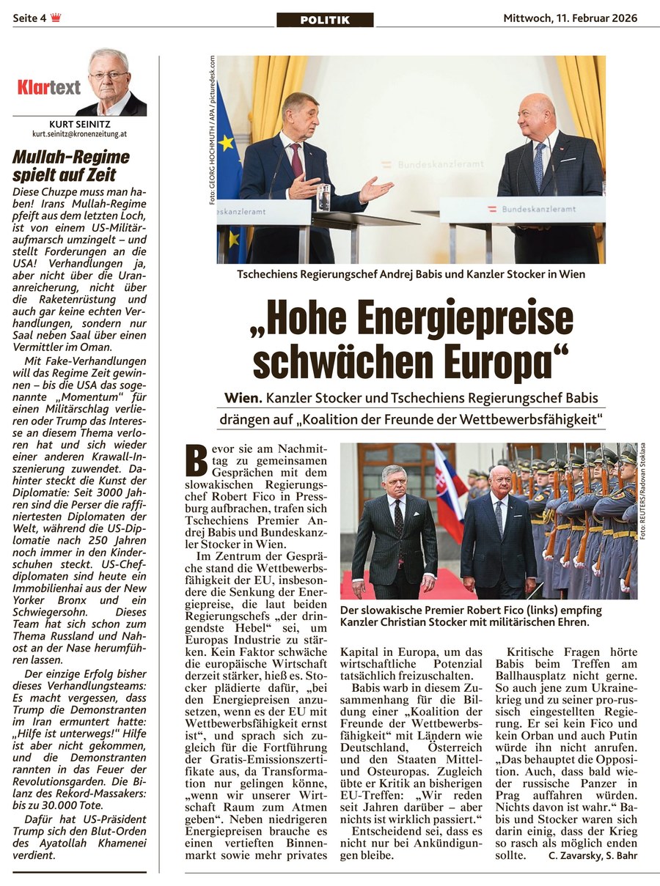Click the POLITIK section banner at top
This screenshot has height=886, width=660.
coord(325,20)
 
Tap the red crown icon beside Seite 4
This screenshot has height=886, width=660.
coord(56,18)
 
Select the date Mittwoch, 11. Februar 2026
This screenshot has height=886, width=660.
coord(570,18)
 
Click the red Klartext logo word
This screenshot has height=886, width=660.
coord(48,88)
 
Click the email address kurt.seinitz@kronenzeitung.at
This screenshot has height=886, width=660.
coord(80,135)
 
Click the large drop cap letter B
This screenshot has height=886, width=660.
coord(197,461)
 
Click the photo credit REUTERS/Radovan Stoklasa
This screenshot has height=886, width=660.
coord(643,492)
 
